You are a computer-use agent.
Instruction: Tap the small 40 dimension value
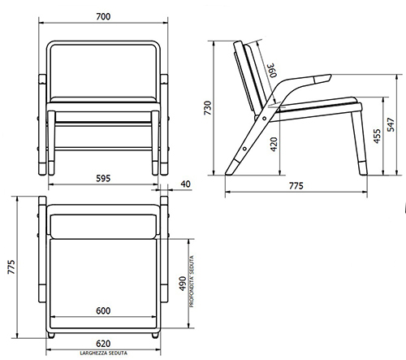[186, 184]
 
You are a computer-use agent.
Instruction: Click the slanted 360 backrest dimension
[272, 72]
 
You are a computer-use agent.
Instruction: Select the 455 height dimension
[376, 135]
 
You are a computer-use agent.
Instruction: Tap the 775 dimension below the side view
[295, 186]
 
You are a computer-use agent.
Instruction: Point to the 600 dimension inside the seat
[103, 311]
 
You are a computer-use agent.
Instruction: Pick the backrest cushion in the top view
[103, 222]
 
